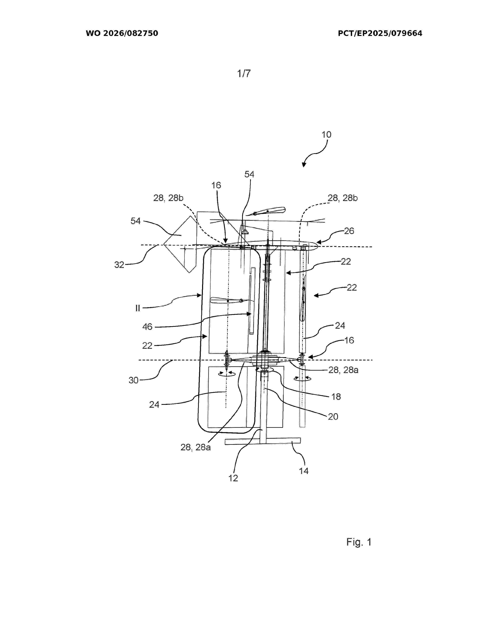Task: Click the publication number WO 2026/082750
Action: point(122,33)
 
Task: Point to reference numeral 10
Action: point(326,134)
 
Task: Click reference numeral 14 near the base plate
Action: point(304,471)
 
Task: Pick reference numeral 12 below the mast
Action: point(233,478)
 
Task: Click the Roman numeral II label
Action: point(138,308)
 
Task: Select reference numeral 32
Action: point(119,265)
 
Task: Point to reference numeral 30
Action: point(134,380)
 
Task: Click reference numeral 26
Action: point(349,231)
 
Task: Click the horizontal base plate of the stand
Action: point(263,441)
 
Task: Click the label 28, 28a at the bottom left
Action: point(195,447)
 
